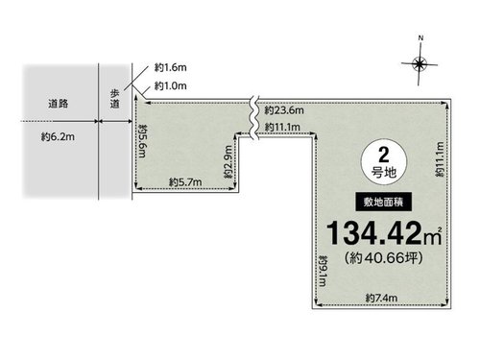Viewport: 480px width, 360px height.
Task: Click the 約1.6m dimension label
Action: (x=171, y=67)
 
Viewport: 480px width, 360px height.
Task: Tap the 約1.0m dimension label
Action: (x=171, y=85)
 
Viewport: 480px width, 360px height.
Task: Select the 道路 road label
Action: (x=59, y=104)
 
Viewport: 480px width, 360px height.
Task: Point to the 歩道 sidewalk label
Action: (x=115, y=99)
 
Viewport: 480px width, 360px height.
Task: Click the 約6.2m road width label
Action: (x=58, y=137)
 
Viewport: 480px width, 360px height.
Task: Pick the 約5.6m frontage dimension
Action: (x=143, y=141)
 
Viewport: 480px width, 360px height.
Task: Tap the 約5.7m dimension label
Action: (x=185, y=182)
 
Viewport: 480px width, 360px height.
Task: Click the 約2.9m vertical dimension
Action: (x=228, y=162)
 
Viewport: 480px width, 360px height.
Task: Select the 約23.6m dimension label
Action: (x=284, y=110)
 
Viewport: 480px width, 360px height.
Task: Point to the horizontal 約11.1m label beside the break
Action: (x=282, y=127)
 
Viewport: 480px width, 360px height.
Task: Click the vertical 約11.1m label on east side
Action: (x=440, y=159)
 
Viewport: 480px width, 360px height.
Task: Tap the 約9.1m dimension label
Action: (x=323, y=271)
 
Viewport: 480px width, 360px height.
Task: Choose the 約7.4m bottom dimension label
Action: (x=381, y=298)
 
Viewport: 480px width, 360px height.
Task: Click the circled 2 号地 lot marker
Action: (x=384, y=161)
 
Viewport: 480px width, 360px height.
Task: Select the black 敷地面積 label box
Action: (x=383, y=202)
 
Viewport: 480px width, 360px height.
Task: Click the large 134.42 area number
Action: (x=373, y=233)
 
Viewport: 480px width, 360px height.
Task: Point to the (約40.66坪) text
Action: (x=384, y=257)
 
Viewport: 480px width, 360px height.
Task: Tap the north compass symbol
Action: (x=420, y=64)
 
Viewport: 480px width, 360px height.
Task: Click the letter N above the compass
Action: (x=420, y=38)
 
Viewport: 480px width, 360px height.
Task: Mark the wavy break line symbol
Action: (x=254, y=118)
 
